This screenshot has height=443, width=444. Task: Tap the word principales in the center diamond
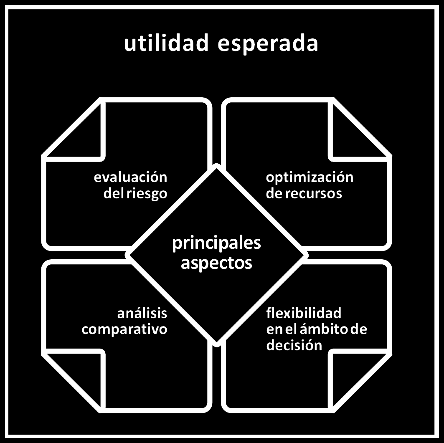click(216, 243)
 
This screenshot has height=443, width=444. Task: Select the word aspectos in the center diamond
click(216, 263)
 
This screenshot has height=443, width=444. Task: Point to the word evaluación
click(130, 177)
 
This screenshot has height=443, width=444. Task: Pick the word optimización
click(310, 177)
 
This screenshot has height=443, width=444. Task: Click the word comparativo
click(124, 329)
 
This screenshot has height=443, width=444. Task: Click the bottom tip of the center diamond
click(216, 343)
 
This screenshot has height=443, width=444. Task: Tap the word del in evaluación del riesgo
click(114, 194)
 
